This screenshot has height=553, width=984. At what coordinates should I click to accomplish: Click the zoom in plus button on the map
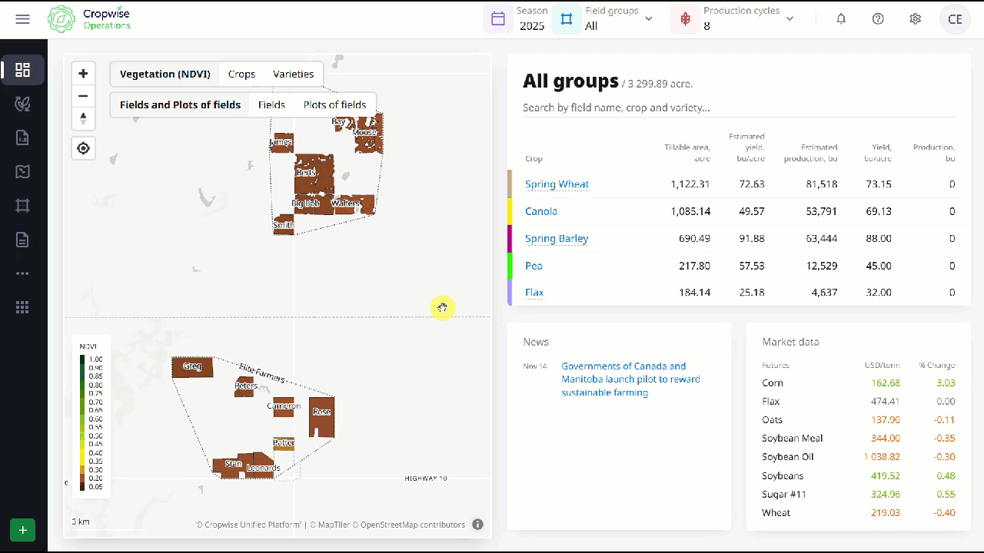coord(83,74)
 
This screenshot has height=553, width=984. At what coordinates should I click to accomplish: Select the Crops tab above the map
coord(241,75)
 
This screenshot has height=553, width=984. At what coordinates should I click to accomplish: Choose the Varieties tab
coord(293,75)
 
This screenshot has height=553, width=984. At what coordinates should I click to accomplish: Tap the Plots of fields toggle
coord(334,105)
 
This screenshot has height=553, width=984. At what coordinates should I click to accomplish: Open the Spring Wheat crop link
coord(557,184)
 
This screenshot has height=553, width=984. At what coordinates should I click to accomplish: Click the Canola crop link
coord(541,211)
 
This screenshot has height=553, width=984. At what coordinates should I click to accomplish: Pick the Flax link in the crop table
coord(534,293)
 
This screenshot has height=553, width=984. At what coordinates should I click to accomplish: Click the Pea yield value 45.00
coord(879,266)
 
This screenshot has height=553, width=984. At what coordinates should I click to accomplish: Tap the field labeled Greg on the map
coord(192,366)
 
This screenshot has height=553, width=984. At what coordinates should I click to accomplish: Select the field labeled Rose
coord(321,412)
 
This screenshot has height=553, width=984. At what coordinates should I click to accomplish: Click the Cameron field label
coord(283,406)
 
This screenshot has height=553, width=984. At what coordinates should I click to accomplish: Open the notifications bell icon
coord(841,19)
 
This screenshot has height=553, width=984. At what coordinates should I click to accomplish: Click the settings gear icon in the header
coord(915,19)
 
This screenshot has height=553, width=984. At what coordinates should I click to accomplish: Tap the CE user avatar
coord(955,19)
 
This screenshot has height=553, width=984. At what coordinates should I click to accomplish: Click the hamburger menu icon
coord(22,19)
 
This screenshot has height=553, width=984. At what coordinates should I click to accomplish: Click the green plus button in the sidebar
coord(22,530)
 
